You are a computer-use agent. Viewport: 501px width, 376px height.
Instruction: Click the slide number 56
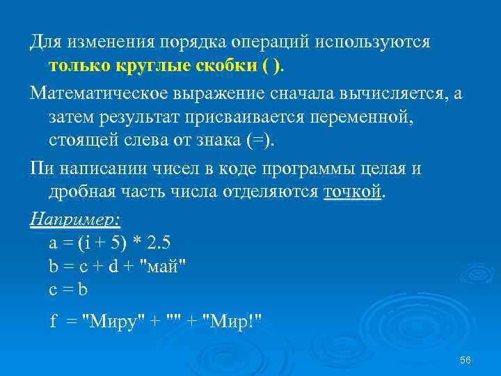pyautogui.click(x=466, y=359)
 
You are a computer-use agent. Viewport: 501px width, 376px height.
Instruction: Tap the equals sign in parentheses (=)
pyautogui.click(x=260, y=141)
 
